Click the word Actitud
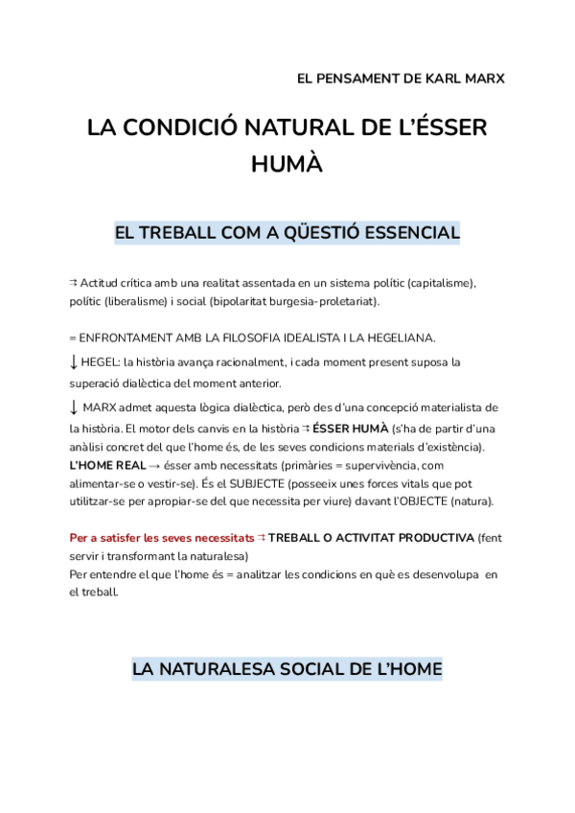coord(101,284)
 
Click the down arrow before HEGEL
coord(74,361)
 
